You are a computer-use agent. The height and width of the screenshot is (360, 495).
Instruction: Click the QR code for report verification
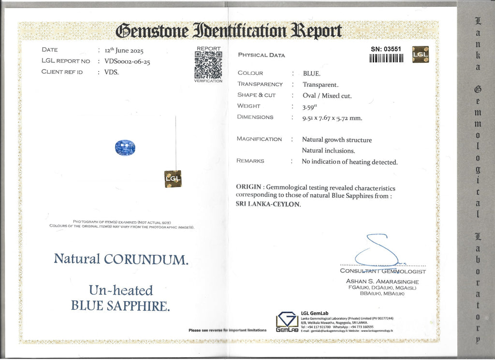point(208,64)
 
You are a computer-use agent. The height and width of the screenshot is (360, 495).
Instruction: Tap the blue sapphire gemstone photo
point(125,147)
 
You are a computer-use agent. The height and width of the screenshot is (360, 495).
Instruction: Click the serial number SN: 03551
point(386,49)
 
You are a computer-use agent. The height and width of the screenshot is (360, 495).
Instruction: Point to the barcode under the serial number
point(386,58)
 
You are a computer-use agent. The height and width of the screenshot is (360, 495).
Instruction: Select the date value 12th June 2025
point(124,50)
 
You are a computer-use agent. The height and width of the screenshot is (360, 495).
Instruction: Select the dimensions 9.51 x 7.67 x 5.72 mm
point(332,117)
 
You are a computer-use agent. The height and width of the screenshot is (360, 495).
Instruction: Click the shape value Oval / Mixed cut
point(327,95)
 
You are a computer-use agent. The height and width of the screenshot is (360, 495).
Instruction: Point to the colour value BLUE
point(312,73)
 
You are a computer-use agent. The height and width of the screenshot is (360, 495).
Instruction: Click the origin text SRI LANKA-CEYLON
point(268,204)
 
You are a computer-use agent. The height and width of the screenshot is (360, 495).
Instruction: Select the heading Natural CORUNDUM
point(121,259)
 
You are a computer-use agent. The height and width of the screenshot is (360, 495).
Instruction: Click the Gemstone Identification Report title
point(229,31)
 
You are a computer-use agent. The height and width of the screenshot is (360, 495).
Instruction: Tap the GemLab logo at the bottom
point(287,321)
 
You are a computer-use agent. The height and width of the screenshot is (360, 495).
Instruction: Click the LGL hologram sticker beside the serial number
point(420,54)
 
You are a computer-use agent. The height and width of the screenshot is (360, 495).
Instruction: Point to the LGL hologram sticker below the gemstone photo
point(173,179)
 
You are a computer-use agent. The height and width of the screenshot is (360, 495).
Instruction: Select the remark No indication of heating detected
point(349,162)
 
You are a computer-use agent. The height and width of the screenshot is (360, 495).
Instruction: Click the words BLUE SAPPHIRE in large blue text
point(120,305)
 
